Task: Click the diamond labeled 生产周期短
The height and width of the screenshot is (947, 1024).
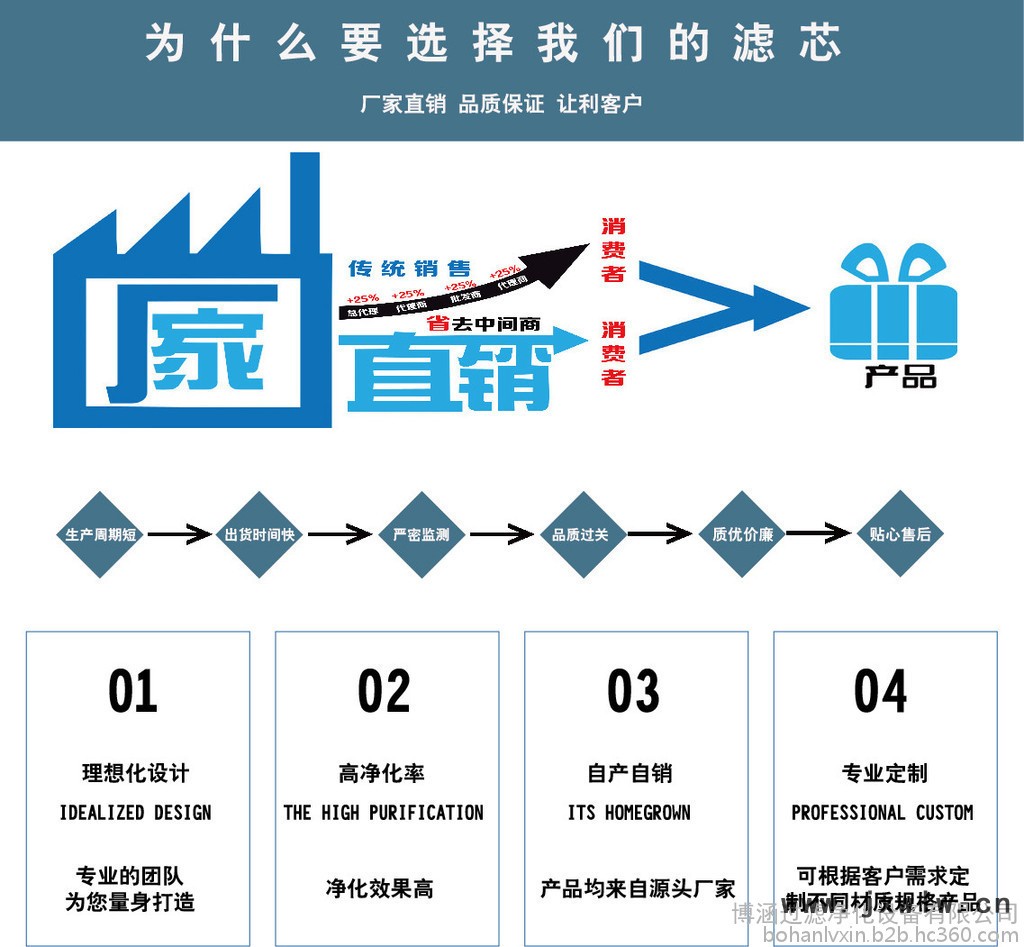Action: click(100, 535)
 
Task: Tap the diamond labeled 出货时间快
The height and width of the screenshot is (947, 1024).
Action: click(259, 535)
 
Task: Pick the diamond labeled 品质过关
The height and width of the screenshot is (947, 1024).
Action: click(580, 535)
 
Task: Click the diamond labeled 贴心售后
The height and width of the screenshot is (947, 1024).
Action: click(899, 535)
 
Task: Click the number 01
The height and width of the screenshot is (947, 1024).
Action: click(133, 691)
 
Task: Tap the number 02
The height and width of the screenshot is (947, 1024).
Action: click(384, 691)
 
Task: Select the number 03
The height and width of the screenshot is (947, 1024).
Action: click(633, 691)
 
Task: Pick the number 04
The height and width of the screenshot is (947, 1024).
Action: click(881, 691)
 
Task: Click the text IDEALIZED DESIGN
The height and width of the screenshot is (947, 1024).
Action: click(135, 812)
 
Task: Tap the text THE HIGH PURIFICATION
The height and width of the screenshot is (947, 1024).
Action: click(384, 812)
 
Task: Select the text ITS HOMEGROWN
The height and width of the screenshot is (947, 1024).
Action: click(629, 812)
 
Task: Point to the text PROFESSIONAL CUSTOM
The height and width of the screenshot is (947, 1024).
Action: click(882, 812)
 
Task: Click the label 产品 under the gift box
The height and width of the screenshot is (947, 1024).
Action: click(900, 377)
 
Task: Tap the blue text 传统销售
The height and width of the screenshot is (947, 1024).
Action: click(408, 269)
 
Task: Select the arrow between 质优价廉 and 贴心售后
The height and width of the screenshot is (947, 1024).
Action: click(819, 533)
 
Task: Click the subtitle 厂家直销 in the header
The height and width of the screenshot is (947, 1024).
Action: click(403, 103)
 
